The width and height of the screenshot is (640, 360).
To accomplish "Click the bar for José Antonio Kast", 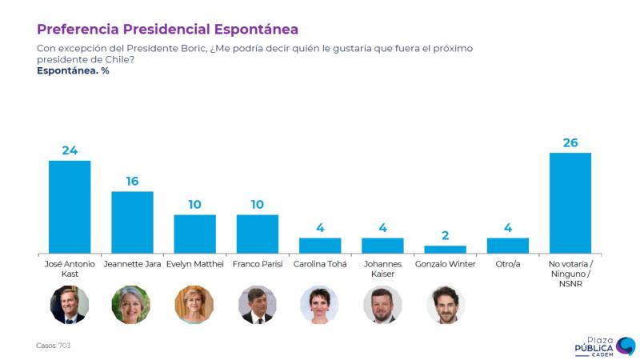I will (70, 206).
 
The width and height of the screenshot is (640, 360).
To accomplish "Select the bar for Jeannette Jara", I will (132, 222).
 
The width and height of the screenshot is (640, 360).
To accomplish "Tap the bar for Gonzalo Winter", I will (445, 249).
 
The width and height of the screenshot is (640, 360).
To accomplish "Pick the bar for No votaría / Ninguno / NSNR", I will (570, 202).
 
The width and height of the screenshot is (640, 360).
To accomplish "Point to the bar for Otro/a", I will (507, 245).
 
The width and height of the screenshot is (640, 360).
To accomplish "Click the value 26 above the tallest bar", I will (570, 143).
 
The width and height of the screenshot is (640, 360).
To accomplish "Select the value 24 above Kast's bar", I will (70, 150).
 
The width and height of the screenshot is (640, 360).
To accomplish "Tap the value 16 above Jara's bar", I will (132, 182).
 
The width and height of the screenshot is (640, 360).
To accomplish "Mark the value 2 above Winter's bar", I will (445, 236).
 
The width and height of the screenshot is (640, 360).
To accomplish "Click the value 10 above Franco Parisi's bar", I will (258, 205).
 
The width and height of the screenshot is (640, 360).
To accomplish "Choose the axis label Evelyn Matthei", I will (194, 264).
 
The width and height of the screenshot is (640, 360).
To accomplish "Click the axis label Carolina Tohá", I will (320, 264).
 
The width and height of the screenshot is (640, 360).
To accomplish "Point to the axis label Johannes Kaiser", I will (382, 269).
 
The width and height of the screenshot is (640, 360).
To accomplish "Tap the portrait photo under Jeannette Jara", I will (131, 305).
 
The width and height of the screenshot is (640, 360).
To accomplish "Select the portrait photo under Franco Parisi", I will (257, 305).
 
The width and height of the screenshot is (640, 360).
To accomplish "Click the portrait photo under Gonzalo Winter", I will (445, 305).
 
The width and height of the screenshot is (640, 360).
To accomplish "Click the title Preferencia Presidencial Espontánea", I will (167, 30).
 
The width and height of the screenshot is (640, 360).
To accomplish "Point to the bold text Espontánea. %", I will (73, 70).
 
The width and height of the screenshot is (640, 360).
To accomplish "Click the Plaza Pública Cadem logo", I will (604, 346).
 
